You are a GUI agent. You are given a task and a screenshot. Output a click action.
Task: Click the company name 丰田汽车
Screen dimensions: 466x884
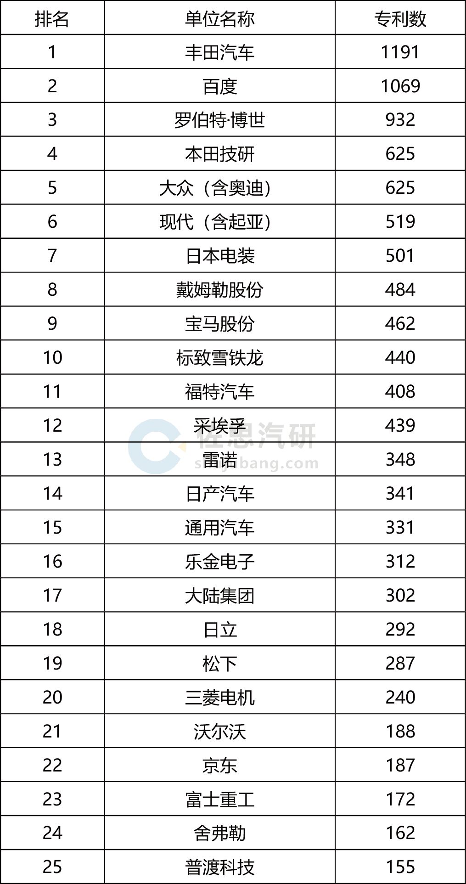point(219,52)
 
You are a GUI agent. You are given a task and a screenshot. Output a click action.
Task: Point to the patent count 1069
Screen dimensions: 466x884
point(400,86)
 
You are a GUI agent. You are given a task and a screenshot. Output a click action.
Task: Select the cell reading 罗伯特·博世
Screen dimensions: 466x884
point(219,120)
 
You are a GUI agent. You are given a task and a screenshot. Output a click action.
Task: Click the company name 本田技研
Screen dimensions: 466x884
point(219,154)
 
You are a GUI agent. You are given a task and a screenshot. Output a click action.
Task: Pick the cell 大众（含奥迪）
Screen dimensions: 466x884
point(215,188)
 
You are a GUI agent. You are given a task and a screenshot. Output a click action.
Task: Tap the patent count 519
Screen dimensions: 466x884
point(400,222)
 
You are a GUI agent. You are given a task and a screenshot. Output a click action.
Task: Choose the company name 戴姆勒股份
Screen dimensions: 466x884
point(219,290)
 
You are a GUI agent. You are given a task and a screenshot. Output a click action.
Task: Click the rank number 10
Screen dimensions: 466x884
point(52,357)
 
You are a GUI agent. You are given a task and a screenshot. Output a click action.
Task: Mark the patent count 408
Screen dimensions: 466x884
point(400,391)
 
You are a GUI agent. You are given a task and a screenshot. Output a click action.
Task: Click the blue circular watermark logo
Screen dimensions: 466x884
point(155,446)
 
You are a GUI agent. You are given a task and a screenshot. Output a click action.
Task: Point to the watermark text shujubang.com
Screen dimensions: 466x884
point(256,463)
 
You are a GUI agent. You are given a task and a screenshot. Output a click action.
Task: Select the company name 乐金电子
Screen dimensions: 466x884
point(219,561)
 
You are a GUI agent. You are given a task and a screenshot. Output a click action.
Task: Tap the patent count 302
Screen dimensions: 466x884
point(400,595)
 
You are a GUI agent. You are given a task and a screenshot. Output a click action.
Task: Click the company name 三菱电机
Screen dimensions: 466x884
point(219,697)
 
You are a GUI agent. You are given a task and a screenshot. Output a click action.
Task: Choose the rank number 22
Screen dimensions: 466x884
point(52,765)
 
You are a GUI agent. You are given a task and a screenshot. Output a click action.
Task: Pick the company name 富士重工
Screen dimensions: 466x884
point(219,799)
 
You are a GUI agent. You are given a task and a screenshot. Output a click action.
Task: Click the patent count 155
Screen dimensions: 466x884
point(400,867)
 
